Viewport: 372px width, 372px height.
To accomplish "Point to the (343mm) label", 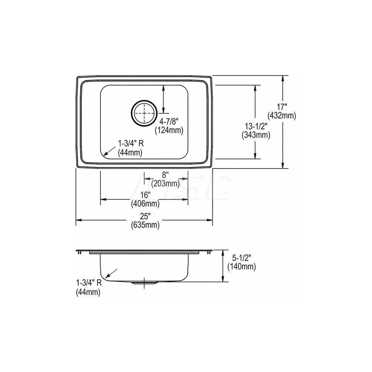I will [256, 135].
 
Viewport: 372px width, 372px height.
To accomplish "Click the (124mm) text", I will [170, 131].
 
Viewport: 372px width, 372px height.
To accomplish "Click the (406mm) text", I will [145, 203].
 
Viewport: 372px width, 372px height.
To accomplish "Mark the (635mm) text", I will [145, 225].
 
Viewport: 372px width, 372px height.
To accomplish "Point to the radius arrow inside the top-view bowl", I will [109, 150].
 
